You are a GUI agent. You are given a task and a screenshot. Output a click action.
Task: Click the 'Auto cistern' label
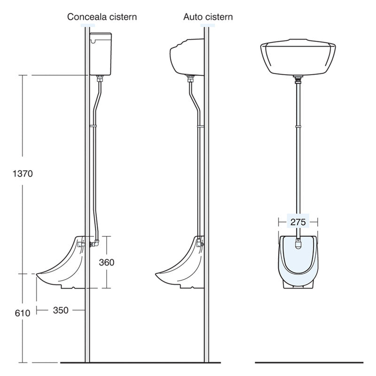(x=208, y=17)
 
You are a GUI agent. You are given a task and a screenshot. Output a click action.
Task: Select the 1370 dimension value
(x=22, y=173)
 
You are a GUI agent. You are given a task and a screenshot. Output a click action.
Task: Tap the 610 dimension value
(x=22, y=313)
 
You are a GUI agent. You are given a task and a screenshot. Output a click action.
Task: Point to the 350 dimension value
(x=61, y=310)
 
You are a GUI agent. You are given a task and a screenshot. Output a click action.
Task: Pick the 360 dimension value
(x=106, y=262)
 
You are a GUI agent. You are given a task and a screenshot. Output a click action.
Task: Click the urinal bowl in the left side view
(x=61, y=268)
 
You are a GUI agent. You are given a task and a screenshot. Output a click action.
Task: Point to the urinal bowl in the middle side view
(x=180, y=268)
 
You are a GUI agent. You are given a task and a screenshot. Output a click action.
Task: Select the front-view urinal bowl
(x=298, y=261)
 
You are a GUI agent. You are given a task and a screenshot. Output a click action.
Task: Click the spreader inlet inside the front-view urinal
(x=298, y=243)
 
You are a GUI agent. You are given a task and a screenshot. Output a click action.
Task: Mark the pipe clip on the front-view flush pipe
(x=298, y=126)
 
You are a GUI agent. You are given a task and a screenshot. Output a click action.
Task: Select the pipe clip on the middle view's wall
(x=201, y=126)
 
